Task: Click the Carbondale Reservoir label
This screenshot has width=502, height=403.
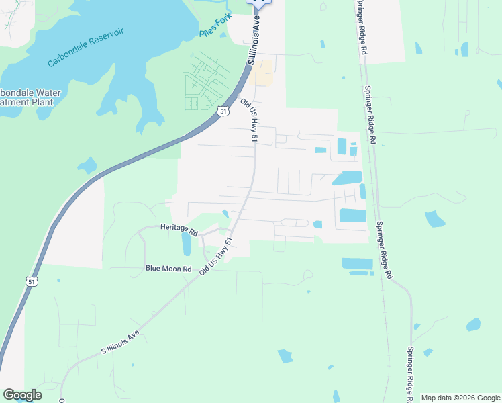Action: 86,48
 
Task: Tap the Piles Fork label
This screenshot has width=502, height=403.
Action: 214,31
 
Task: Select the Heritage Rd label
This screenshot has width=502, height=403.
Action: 179,230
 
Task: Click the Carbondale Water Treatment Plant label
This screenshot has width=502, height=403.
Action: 30,98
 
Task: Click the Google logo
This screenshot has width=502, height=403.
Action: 21,395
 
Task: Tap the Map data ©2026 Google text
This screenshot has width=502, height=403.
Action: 460,398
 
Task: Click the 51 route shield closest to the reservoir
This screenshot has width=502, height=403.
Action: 222,111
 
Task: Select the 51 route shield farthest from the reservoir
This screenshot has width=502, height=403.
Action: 32,282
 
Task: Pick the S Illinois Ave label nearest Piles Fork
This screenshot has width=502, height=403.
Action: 254,40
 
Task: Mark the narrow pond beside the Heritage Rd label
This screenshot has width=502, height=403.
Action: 187,244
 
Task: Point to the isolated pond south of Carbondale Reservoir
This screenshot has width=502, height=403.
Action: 87,165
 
